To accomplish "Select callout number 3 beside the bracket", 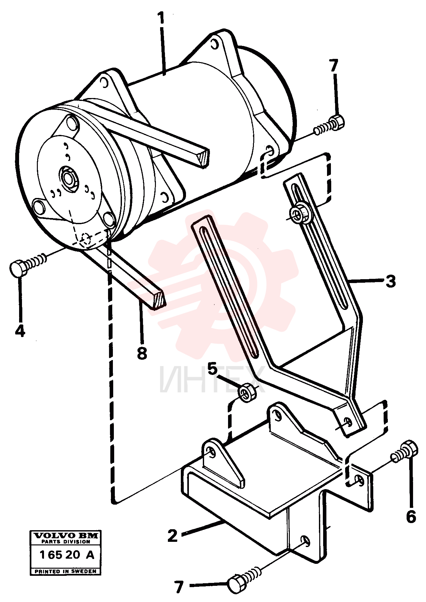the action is tap(390, 281).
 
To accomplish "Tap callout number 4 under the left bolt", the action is tap(20, 330).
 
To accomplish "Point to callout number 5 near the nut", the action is tap(212, 368).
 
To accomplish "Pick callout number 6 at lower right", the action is tap(411, 517).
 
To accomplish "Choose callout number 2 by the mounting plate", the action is tap(172, 536).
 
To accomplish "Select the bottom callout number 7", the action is tap(179, 587).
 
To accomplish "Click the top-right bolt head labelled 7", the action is tap(337, 122).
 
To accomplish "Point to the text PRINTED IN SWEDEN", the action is tap(65, 571).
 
